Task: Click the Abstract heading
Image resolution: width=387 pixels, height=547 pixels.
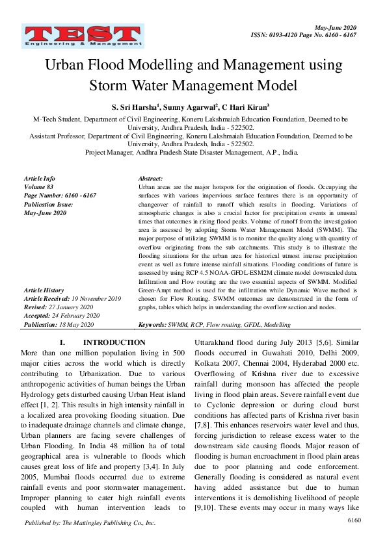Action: pyautogui.click(x=150, y=179)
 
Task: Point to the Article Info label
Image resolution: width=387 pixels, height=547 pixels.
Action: pyautogui.click(x=39, y=179)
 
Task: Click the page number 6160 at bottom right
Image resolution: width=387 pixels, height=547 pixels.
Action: pyautogui.click(x=354, y=520)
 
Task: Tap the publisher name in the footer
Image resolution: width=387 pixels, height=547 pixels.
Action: pyautogui.click(x=90, y=522)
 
